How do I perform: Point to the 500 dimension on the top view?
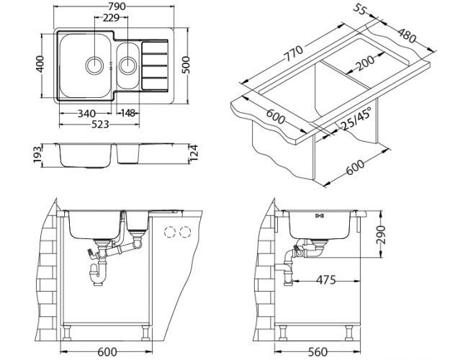coord(186,66)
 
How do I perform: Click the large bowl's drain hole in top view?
coord(94,65)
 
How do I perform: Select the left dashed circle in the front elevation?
coord(171,232)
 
